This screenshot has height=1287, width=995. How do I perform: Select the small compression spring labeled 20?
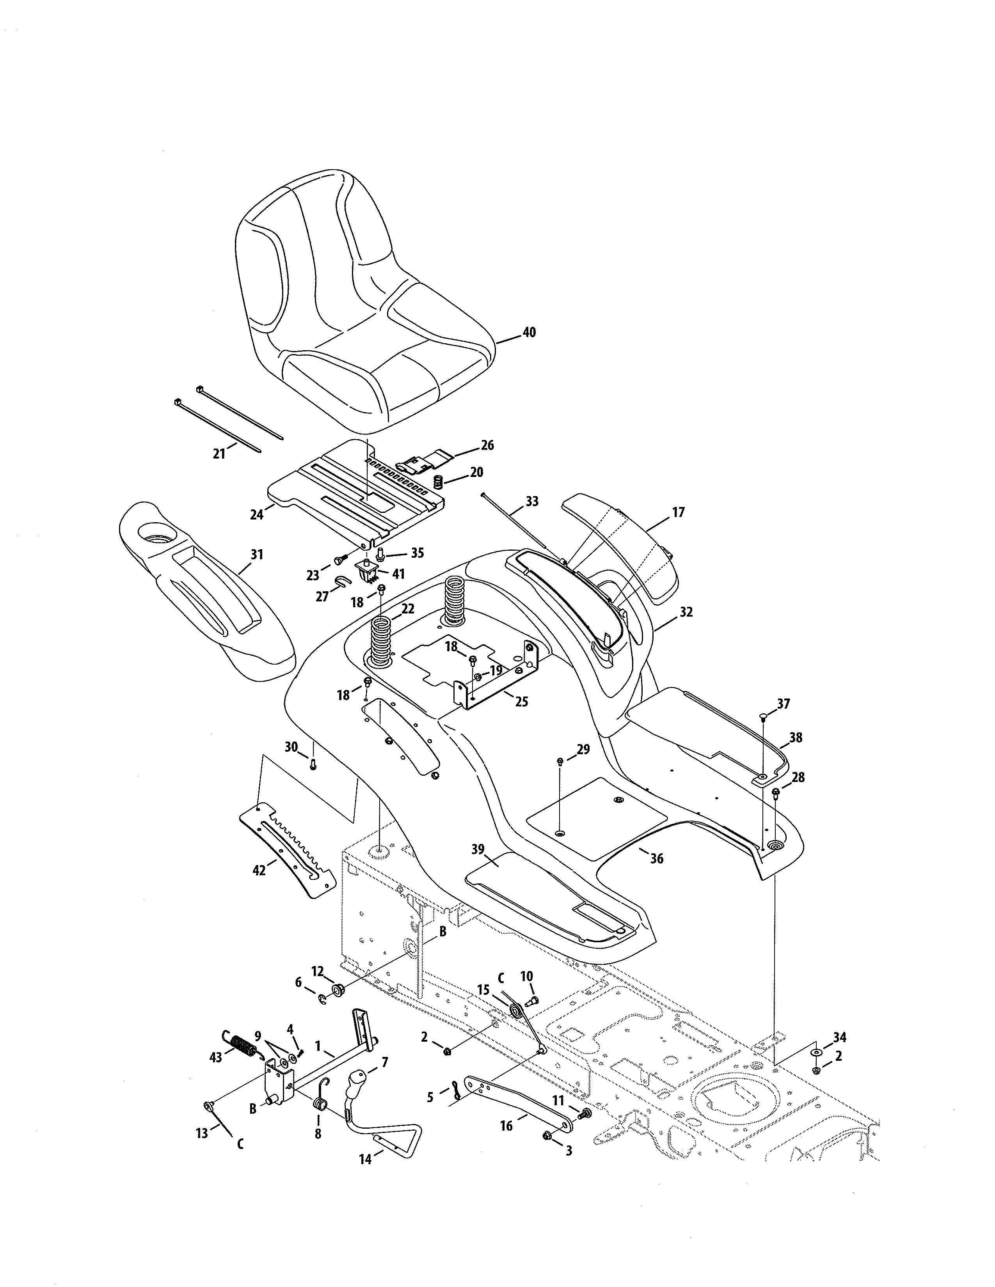[x=438, y=481]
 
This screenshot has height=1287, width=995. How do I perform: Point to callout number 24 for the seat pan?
[x=256, y=514]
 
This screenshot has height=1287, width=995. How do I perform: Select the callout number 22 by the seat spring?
[x=407, y=609]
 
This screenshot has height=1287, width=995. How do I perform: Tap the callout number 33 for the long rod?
[x=532, y=502]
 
